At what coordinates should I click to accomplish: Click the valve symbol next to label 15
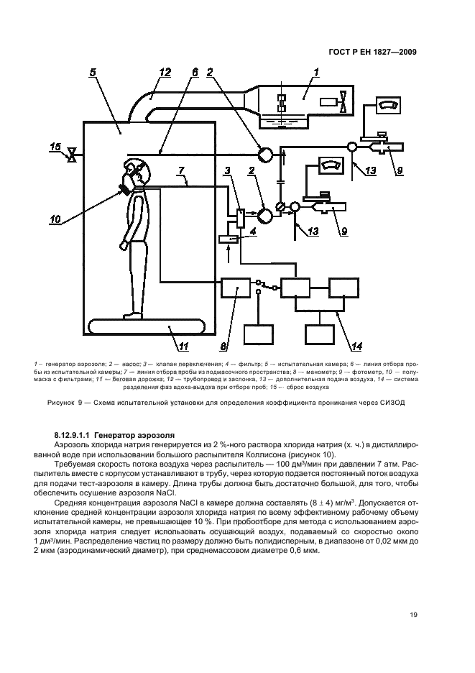pos(71,154)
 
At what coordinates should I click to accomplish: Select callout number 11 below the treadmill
pos(183,347)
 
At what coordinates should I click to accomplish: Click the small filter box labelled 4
pos(231,238)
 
